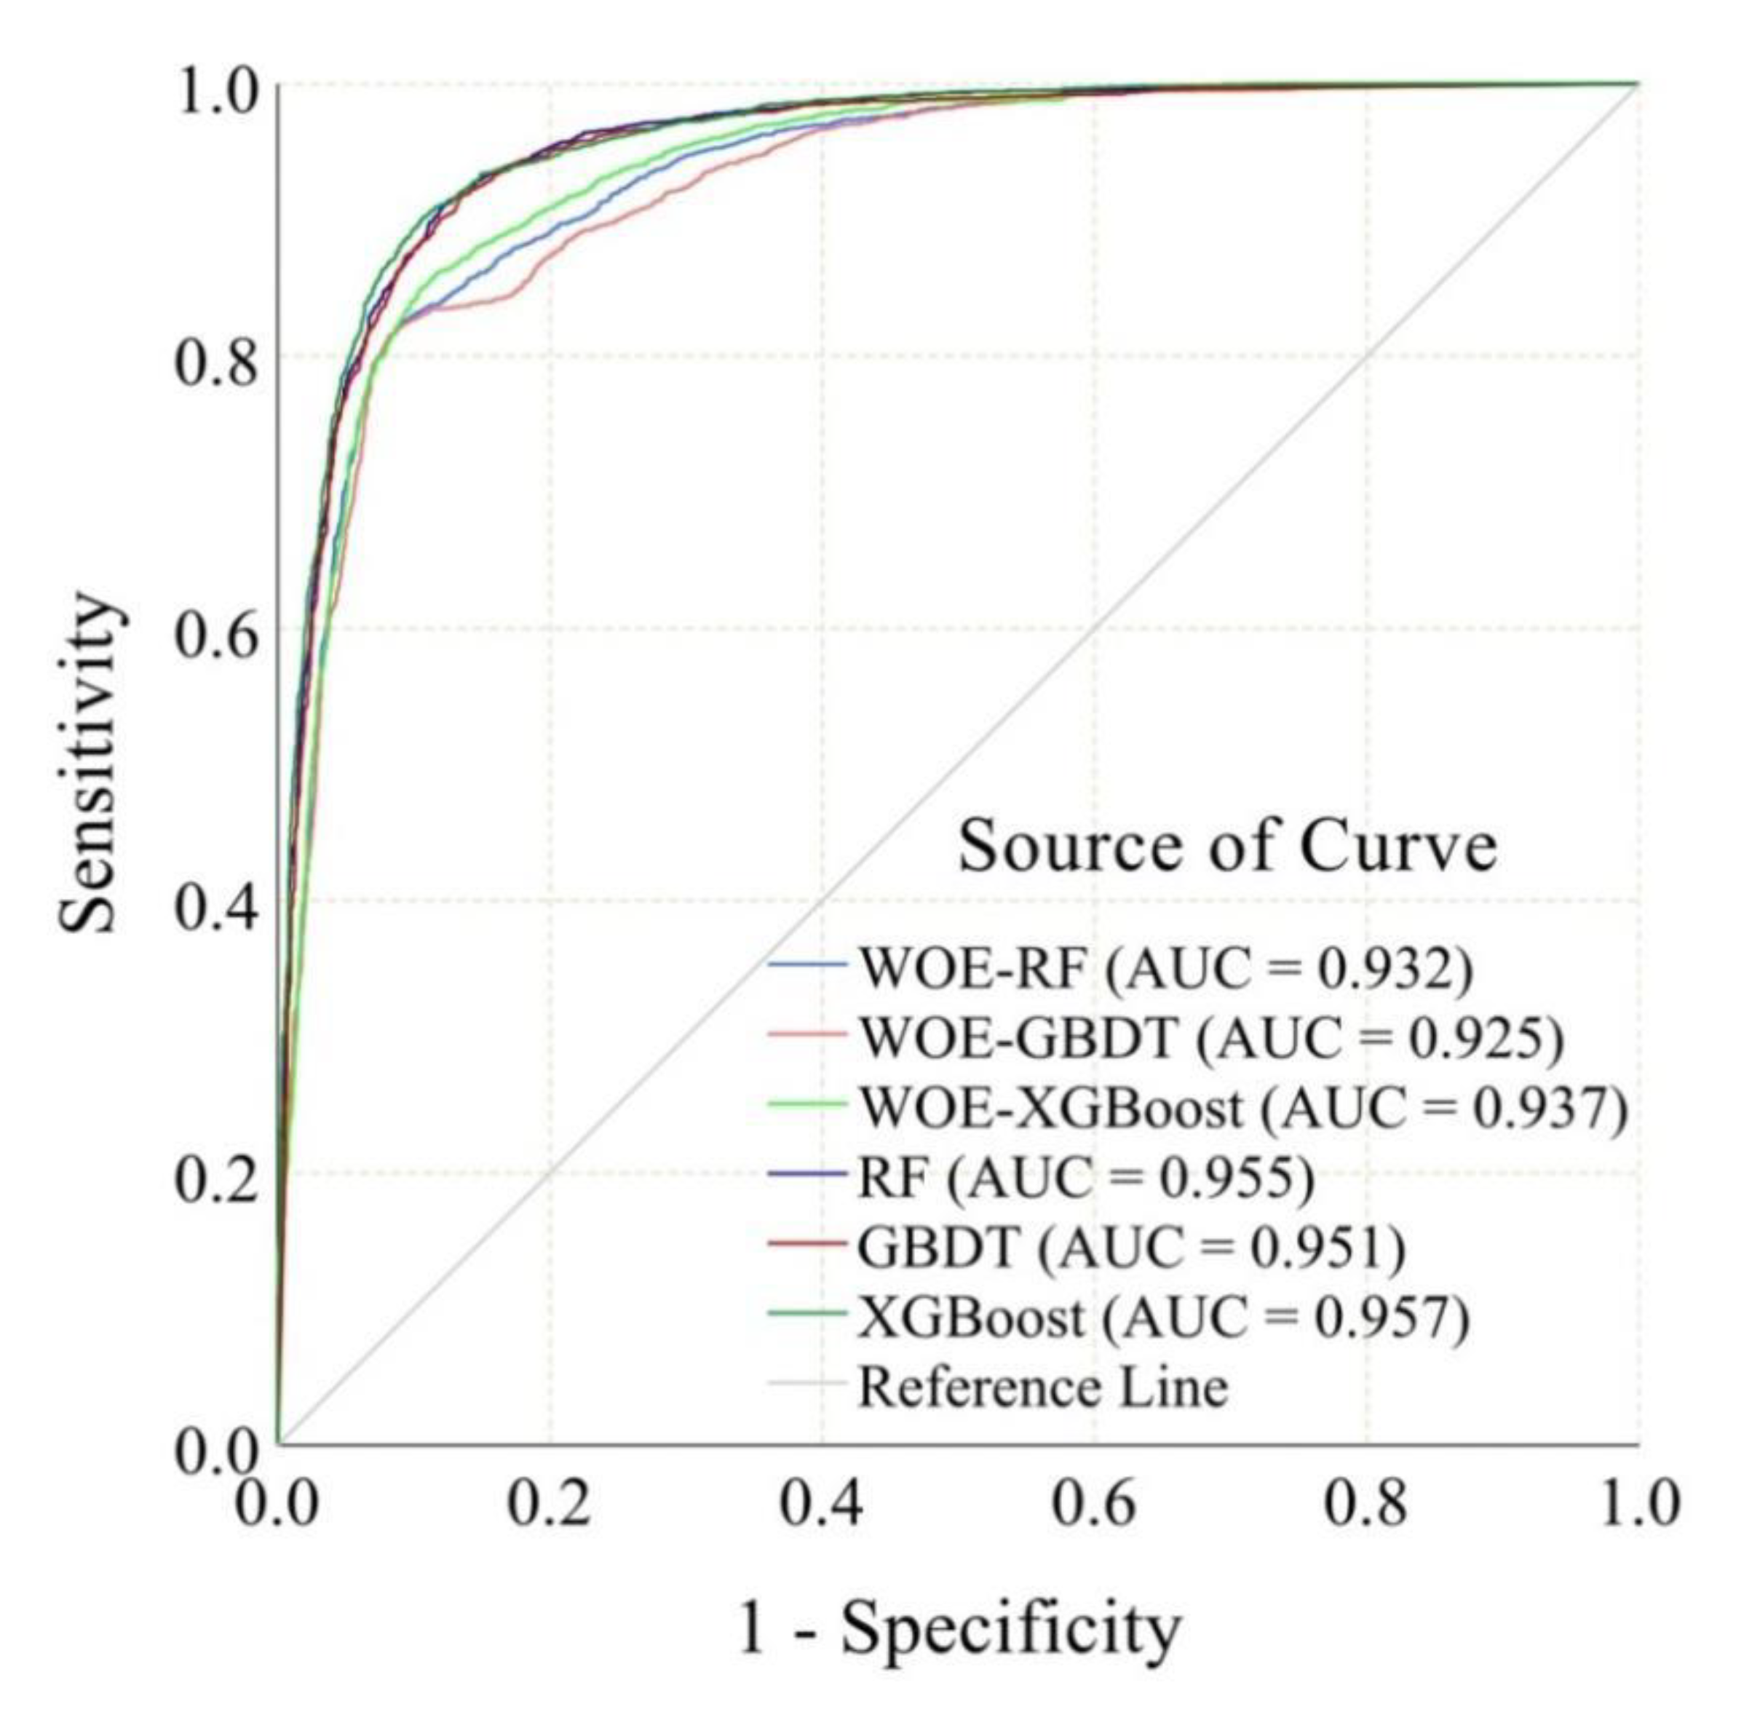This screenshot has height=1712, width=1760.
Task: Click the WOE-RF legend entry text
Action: point(1165,968)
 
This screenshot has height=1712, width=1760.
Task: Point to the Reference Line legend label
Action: point(1043,1387)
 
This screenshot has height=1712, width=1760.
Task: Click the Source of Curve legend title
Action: point(1228,847)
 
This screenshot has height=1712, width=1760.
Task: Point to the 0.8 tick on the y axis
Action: point(216,362)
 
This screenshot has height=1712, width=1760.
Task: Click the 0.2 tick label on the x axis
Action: point(550,1503)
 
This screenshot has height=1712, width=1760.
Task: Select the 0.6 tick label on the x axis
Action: point(1093,1503)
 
